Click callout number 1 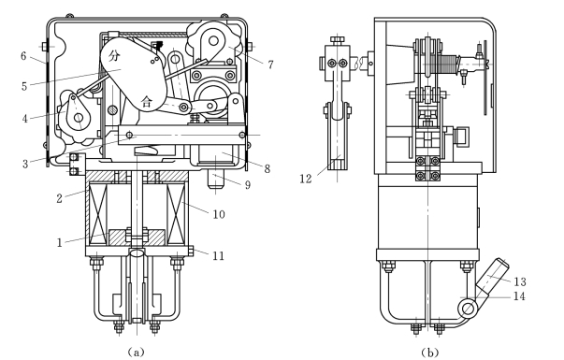(x=60, y=243)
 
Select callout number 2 (x=60, y=198)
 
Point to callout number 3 (x=25, y=164)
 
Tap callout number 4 (x=25, y=119)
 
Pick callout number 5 (x=24, y=86)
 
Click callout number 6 (x=23, y=56)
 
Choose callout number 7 (x=270, y=65)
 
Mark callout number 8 (x=267, y=168)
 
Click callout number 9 (x=248, y=185)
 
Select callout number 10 (x=219, y=214)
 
